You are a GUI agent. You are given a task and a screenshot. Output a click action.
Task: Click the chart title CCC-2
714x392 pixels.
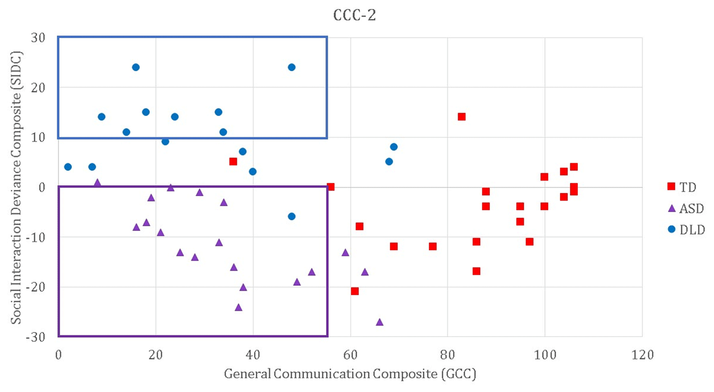click(355, 16)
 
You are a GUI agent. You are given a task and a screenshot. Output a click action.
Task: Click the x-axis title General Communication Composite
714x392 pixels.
click(350, 375)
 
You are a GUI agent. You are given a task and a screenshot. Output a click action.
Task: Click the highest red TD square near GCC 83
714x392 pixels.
click(461, 117)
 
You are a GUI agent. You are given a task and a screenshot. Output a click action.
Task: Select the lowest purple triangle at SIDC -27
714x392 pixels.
click(380, 322)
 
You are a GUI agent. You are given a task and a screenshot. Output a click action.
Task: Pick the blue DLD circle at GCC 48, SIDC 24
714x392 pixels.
click(292, 67)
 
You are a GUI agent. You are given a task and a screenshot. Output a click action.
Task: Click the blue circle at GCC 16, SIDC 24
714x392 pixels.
click(136, 67)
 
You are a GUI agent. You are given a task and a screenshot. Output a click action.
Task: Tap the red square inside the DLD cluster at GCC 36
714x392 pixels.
click(233, 162)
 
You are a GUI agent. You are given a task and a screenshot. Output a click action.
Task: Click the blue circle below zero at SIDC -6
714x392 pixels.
click(292, 216)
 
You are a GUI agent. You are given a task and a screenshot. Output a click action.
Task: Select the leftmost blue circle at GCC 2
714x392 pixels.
click(68, 167)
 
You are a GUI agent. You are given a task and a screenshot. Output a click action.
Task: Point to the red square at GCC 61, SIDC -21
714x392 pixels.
click(355, 291)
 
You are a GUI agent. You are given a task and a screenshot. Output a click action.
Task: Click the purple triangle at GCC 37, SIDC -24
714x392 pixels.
click(239, 307)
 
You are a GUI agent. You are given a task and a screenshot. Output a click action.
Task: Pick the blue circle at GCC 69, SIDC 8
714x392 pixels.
click(394, 147)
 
